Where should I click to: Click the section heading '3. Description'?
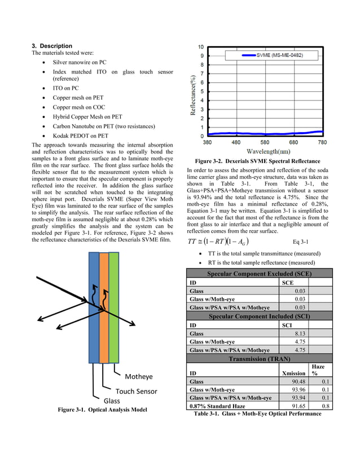click(x=52, y=46)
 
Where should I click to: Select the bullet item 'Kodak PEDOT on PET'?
click(x=80, y=135)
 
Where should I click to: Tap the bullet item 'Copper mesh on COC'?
click(x=80, y=107)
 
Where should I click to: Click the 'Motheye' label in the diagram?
click(x=139, y=377)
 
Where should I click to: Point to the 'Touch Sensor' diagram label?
click(x=137, y=391)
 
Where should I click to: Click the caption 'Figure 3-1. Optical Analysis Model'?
click(x=102, y=410)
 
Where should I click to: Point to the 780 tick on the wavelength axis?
click(x=322, y=143)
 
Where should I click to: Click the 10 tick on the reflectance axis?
click(x=201, y=47)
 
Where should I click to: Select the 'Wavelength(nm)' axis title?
click(x=269, y=151)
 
